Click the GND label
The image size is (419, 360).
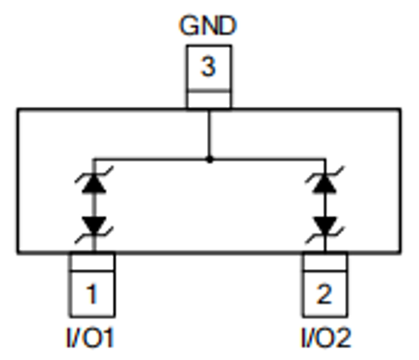point(208,25)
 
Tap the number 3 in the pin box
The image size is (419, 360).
point(208,68)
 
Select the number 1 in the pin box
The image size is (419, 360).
point(92,295)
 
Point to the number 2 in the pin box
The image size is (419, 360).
point(325,295)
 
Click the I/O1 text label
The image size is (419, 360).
point(89,339)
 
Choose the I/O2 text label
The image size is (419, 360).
point(326,339)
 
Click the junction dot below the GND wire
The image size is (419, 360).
point(209,158)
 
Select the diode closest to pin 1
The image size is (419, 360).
point(92,223)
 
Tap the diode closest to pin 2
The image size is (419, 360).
point(325,223)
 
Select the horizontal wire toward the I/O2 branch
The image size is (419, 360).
point(267,158)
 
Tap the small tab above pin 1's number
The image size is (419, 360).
point(92,262)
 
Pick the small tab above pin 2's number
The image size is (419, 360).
point(325,262)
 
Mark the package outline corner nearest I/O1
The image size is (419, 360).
point(19,253)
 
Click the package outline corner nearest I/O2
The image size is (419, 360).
point(399,253)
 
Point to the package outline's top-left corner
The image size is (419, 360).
point(19,109)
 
